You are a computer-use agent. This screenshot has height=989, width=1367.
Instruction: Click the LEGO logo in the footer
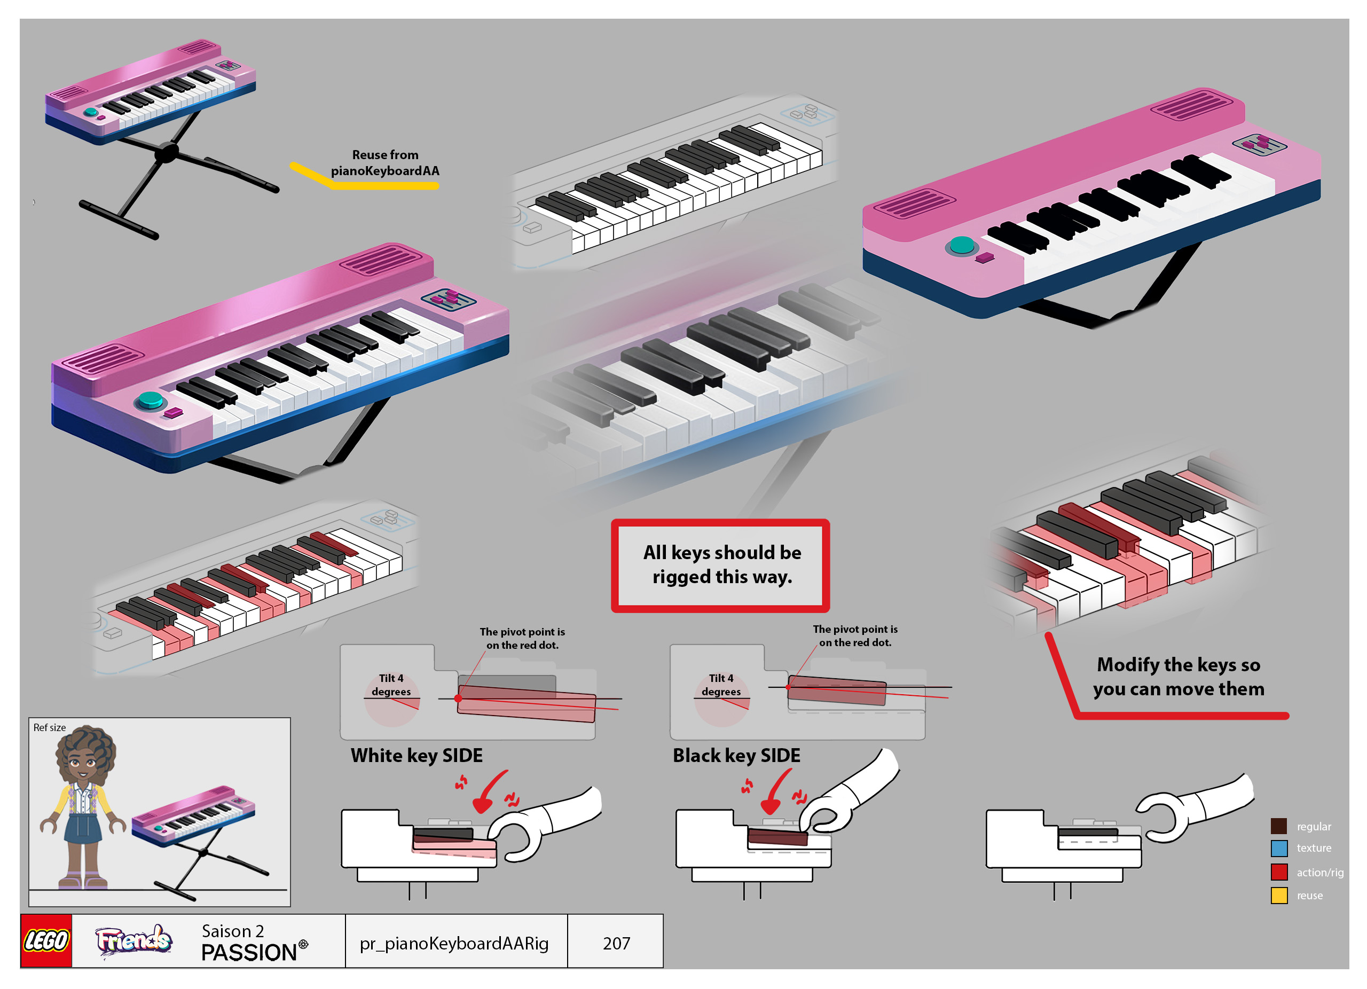46,941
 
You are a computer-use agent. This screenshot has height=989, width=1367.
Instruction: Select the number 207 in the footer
616,943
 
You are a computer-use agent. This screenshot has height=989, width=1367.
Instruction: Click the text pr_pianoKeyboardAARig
454,943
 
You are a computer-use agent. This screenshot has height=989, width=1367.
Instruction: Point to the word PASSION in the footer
249,953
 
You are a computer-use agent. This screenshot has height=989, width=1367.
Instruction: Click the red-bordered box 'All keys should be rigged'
721,566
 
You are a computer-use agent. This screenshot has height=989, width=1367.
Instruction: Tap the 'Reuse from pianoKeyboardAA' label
385,163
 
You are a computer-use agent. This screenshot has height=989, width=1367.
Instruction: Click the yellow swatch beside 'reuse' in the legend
1278,896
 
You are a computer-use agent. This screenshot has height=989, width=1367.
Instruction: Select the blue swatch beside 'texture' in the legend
1278,849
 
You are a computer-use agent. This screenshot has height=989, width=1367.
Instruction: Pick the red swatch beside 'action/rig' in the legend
1278,872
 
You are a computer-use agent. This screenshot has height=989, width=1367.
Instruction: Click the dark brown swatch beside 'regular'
1278,826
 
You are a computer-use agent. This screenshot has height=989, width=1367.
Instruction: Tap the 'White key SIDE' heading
417,756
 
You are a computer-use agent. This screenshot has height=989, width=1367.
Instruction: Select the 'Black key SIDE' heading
736,756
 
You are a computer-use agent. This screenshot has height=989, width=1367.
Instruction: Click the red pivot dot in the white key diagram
458,698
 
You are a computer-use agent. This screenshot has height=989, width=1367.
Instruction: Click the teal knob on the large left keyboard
150,399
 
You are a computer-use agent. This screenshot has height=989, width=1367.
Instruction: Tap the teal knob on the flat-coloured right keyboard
961,245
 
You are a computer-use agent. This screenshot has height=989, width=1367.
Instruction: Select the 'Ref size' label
50,727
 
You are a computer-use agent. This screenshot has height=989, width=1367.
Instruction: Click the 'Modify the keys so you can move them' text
1179,676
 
